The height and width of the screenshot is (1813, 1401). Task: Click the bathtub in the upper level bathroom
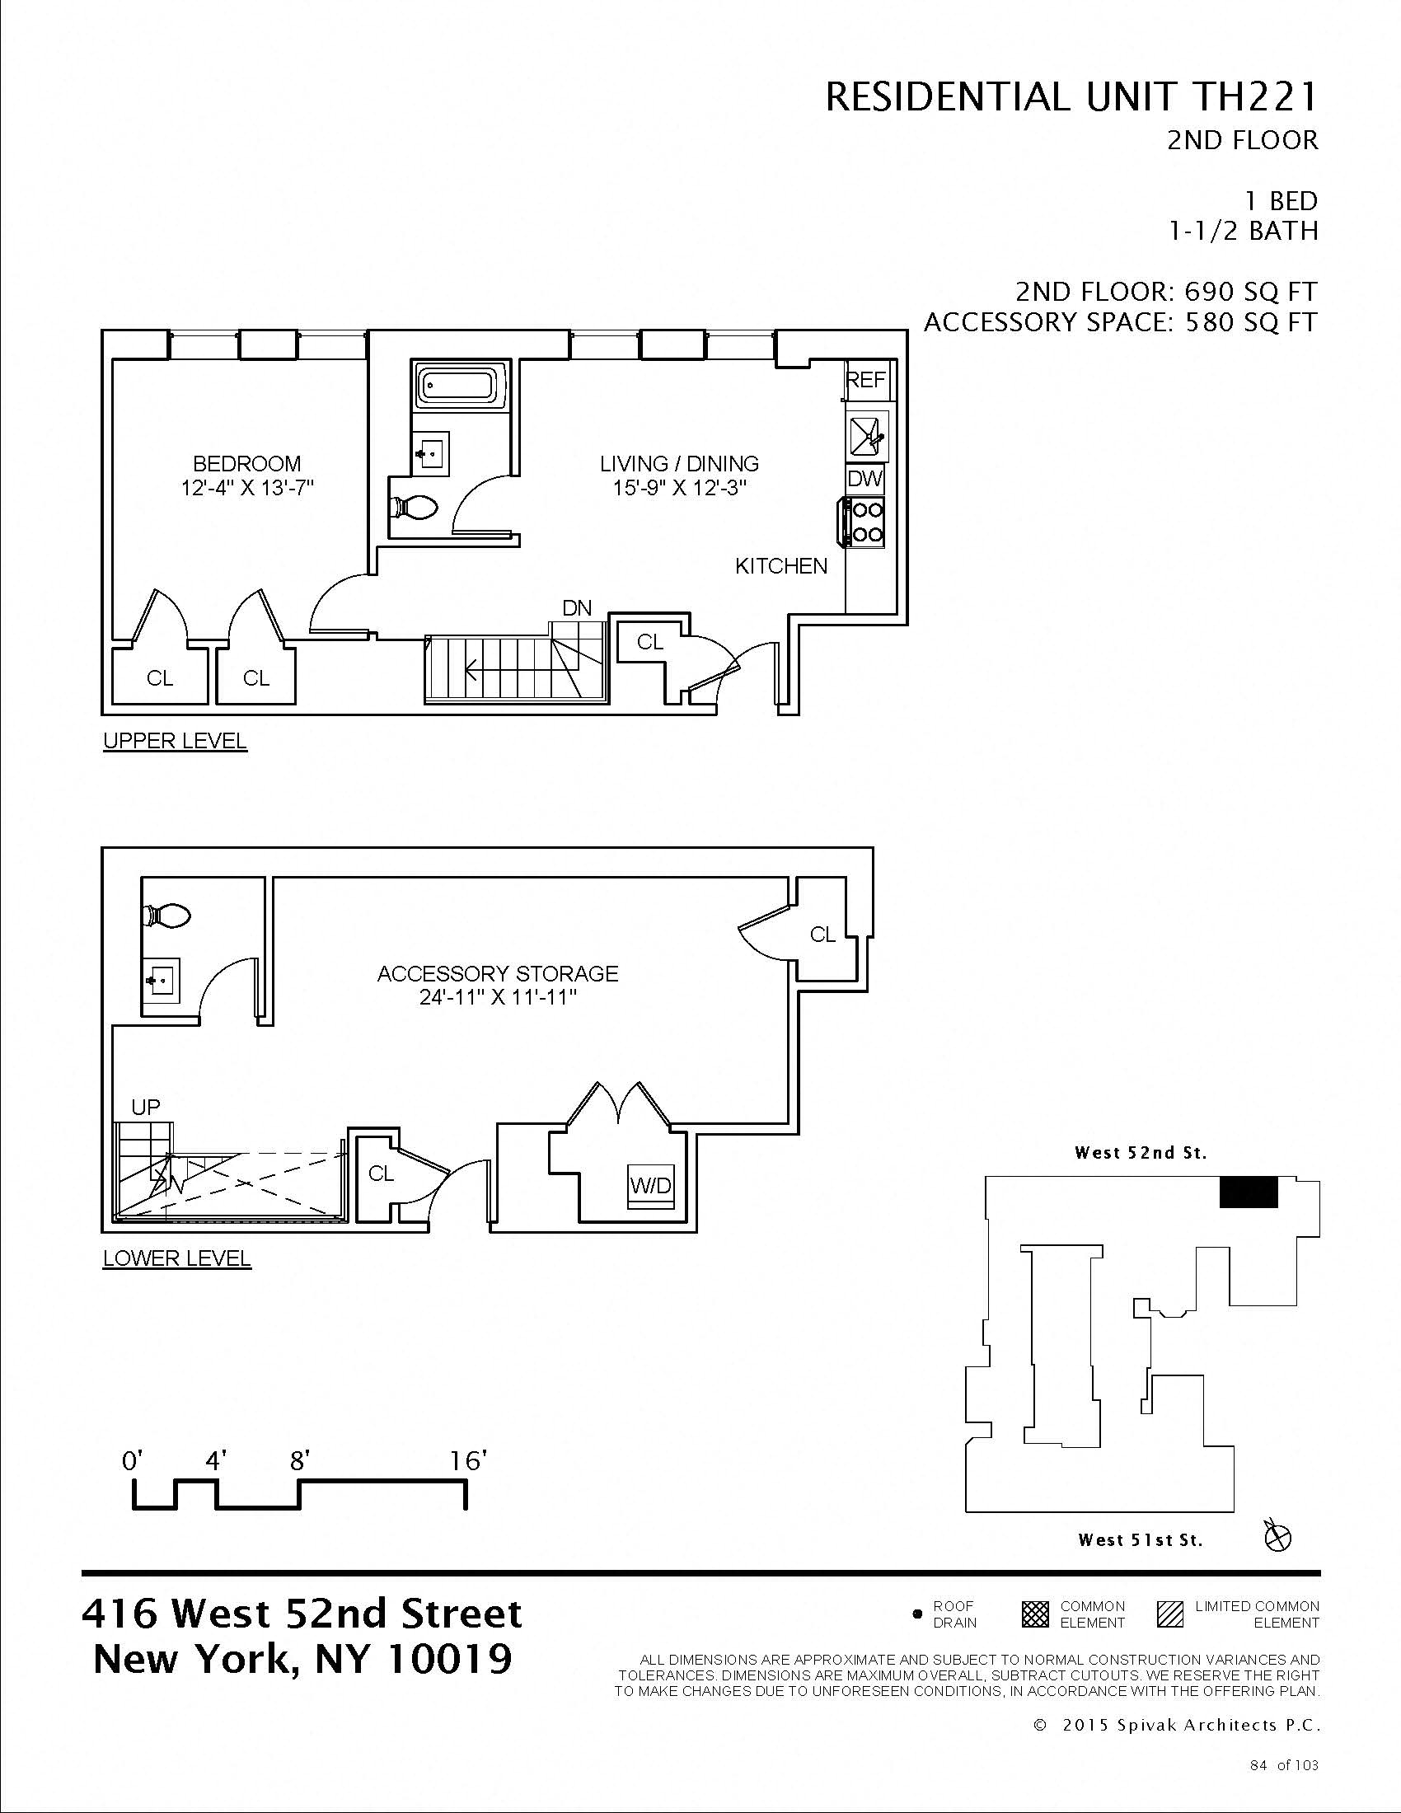pyautogui.click(x=459, y=386)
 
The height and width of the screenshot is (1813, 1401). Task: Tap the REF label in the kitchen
pyautogui.click(x=865, y=379)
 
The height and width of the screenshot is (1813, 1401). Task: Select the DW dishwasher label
pyautogui.click(x=865, y=479)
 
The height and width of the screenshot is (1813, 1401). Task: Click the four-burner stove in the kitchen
pyautogui.click(x=864, y=522)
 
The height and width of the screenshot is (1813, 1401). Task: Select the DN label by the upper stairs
pyautogui.click(x=577, y=607)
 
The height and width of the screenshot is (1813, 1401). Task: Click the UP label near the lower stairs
pyautogui.click(x=145, y=1107)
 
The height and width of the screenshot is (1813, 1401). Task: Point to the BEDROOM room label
pyautogui.click(x=246, y=463)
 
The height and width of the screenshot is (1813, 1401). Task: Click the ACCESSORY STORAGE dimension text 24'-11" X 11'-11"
pyautogui.click(x=498, y=997)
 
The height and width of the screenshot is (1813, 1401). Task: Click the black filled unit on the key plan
pyautogui.click(x=1248, y=1194)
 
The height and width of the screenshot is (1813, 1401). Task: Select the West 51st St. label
pyautogui.click(x=1140, y=1540)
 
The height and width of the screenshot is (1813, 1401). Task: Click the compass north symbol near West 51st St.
pyautogui.click(x=1277, y=1537)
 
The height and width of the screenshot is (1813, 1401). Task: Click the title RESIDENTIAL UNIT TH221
pyautogui.click(x=1071, y=98)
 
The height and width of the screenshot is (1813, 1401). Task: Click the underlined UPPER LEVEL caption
pyautogui.click(x=175, y=741)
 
